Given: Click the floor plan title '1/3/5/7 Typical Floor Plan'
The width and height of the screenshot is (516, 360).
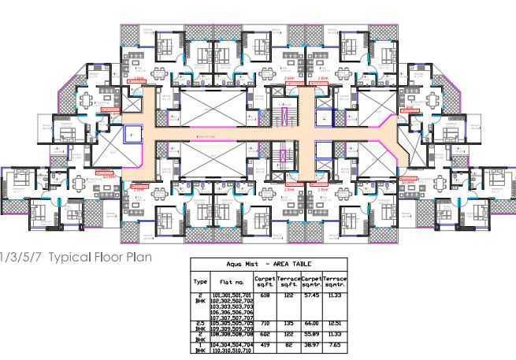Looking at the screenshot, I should coord(76,257).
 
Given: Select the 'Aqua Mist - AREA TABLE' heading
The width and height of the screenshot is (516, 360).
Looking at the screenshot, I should coord(269,265).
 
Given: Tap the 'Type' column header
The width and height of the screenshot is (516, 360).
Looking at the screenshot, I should coord(200,280).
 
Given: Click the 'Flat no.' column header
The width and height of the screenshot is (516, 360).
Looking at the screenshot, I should coord(232,280).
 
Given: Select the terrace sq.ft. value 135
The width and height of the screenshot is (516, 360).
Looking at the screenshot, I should coord(288,323).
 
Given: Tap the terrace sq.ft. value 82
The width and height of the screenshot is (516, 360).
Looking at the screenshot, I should coord(288,345).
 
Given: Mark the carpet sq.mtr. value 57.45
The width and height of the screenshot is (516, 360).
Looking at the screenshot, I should coord(312,295).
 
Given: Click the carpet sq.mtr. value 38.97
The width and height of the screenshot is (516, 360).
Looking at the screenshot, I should coord(312,345).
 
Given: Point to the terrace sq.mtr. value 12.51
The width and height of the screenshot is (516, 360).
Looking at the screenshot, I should coord(336,323).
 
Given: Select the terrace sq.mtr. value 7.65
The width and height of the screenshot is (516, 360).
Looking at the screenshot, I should coord(336,345).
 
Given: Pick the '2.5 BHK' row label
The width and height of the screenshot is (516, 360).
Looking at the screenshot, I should coord(200,325).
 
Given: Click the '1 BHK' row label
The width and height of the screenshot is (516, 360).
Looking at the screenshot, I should coord(200,347).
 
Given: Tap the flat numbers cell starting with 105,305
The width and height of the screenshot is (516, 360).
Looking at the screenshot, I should coord(232,325).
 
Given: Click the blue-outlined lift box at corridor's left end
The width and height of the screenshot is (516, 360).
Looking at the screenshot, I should coord(133,134).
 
